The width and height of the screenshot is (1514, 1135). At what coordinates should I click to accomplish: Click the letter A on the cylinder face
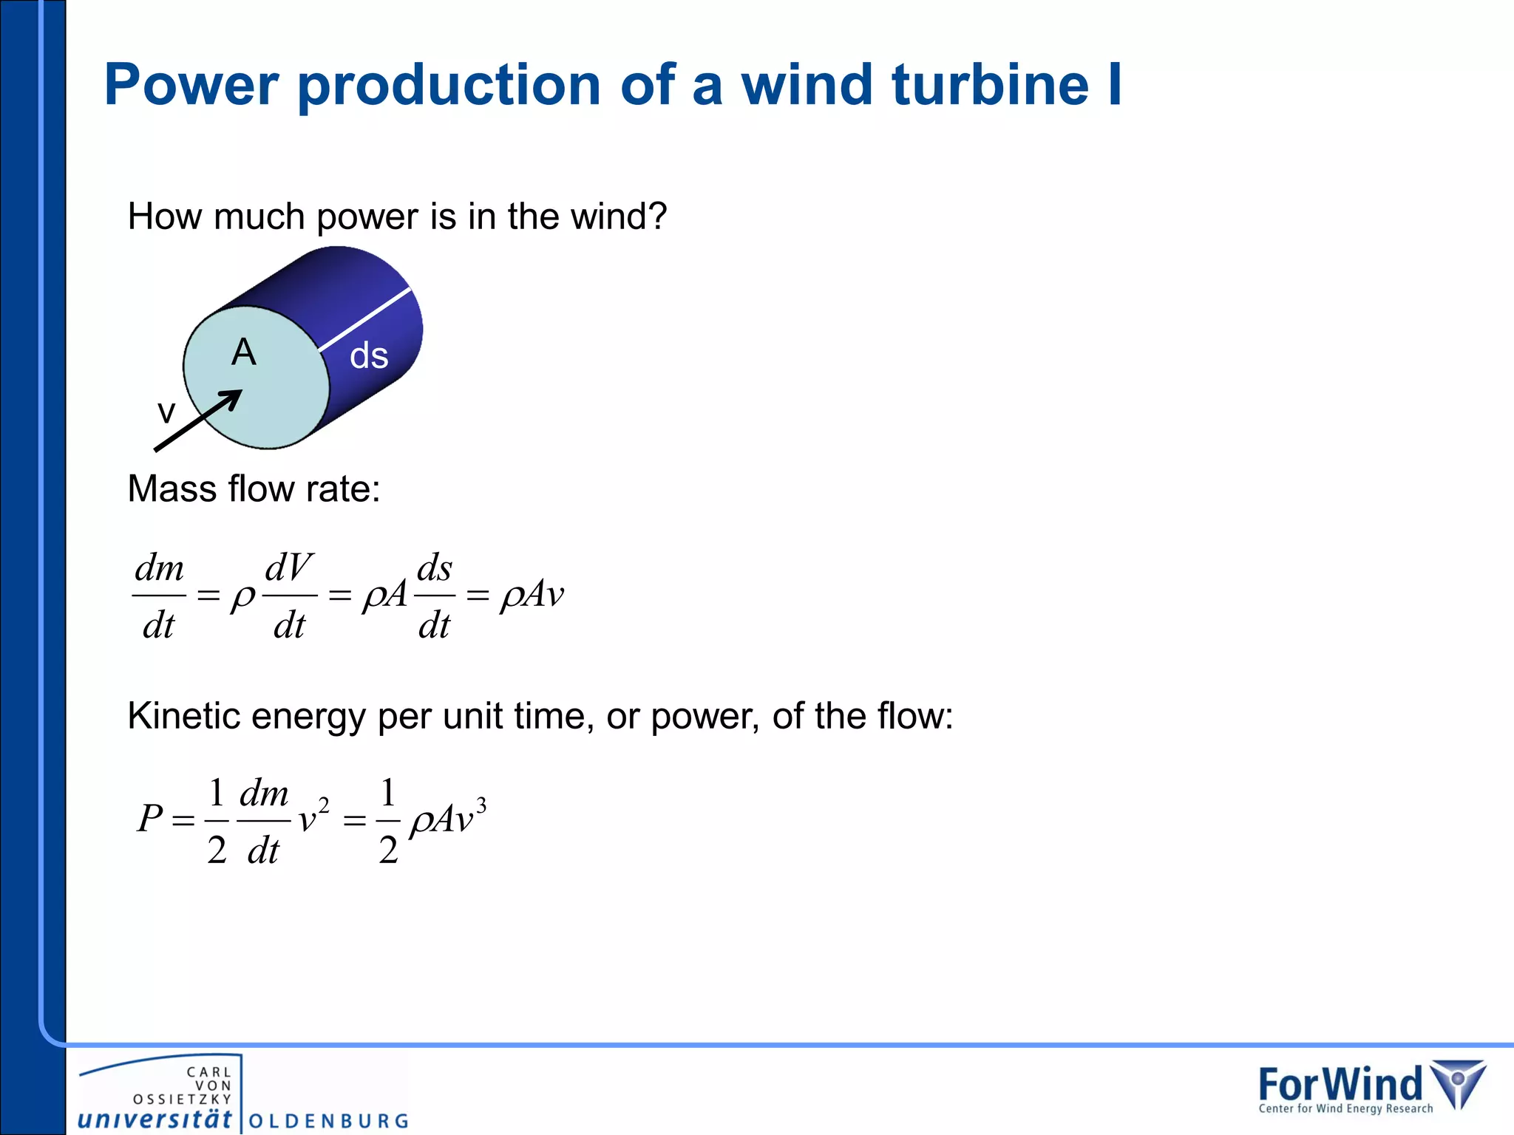(x=244, y=352)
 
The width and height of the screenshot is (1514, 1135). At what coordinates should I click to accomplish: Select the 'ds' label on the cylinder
(x=369, y=355)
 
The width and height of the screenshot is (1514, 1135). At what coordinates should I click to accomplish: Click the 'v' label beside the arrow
(x=166, y=412)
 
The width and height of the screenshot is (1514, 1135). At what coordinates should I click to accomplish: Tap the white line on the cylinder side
(x=364, y=318)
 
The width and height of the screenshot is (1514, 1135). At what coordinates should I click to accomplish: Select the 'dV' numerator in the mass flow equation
(x=289, y=567)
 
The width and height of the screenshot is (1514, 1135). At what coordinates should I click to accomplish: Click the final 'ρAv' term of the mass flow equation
(x=532, y=595)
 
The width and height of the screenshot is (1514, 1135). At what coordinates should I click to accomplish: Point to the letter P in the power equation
(x=149, y=819)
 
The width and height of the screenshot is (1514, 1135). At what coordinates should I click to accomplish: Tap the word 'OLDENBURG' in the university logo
(x=329, y=1121)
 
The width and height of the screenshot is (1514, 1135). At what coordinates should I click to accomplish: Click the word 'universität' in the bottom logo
(x=155, y=1119)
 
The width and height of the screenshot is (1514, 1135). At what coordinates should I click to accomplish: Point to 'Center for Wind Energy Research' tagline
(x=1345, y=1108)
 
